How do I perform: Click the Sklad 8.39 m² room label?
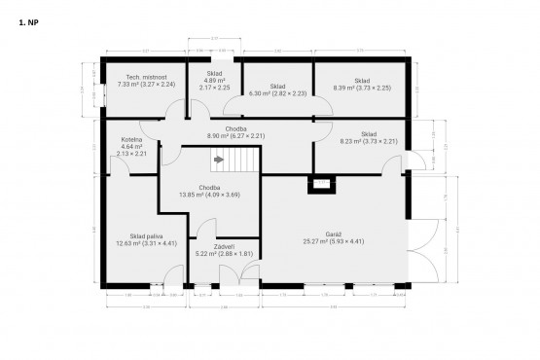(361, 85)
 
